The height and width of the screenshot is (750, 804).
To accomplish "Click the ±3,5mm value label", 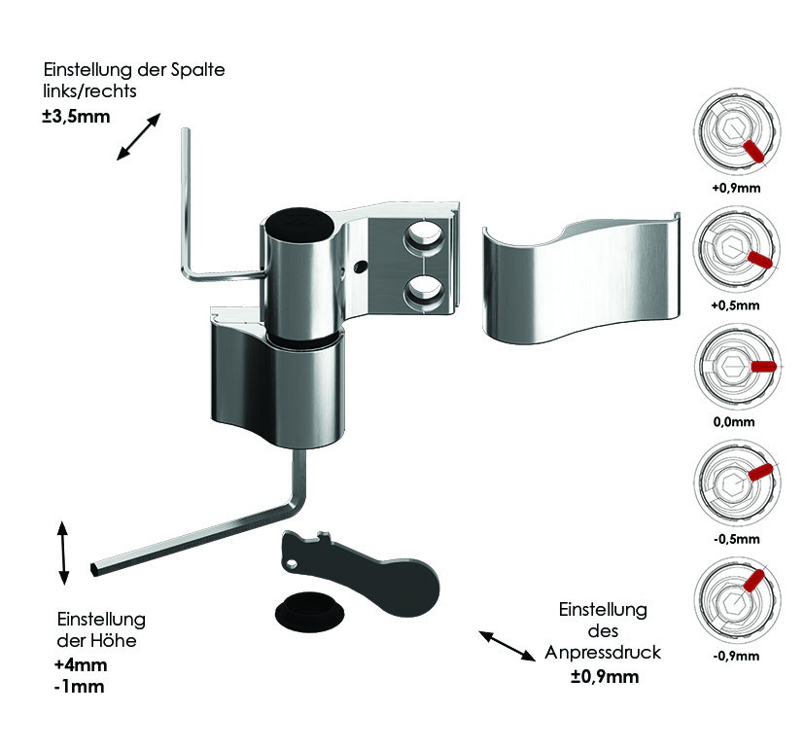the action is [77, 117].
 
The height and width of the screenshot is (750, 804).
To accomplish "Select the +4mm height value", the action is [81, 664].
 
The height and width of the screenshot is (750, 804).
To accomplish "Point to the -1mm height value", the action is [79, 687].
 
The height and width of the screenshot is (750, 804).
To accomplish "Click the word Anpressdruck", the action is [603, 653].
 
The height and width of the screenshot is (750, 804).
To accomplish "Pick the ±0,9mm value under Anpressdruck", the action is [605, 676].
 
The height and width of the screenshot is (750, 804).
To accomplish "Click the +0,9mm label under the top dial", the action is [736, 188].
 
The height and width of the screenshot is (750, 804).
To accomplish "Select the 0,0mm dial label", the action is [734, 421].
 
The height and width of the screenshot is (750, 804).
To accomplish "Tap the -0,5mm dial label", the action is [736, 539].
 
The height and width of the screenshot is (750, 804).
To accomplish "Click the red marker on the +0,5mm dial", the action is [760, 259].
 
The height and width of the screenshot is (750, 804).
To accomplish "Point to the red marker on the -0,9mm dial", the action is [753, 580].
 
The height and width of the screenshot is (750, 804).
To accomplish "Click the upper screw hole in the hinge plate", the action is [424, 234].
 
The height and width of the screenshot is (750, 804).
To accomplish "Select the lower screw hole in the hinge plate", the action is [424, 292].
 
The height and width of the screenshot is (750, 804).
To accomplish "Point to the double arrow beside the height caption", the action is [62, 553].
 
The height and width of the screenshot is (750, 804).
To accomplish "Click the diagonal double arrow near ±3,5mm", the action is [138, 137].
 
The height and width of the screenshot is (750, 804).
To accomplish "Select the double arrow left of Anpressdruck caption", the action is [507, 646].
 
